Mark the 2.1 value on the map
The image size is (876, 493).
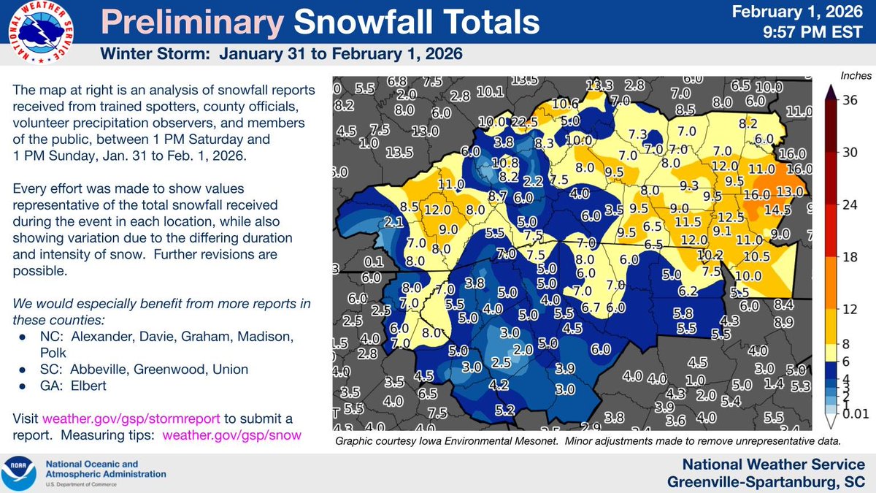394,221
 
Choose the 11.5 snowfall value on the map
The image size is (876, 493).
688,221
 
